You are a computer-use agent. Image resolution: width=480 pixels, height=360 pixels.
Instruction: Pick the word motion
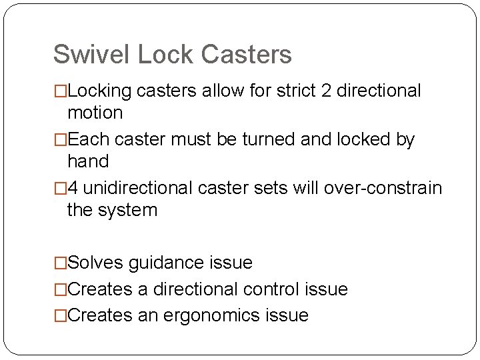[95, 113]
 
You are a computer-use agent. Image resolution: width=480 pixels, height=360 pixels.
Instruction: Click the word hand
[88, 161]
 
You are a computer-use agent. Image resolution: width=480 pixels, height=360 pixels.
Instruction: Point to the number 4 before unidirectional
[73, 189]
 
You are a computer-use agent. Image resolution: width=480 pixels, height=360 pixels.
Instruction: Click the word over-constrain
[383, 189]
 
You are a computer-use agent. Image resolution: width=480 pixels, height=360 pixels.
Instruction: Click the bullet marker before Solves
[60, 263]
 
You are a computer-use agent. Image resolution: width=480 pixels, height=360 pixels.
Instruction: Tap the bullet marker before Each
[60, 140]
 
